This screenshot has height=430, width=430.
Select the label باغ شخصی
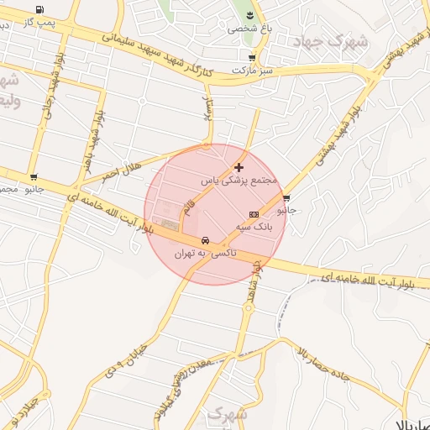(x=244, y=29)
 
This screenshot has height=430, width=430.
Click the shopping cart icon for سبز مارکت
(x=253, y=58)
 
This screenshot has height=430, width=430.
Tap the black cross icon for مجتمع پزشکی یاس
(x=239, y=167)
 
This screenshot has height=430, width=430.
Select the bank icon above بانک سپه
(x=254, y=215)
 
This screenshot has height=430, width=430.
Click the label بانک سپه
(x=254, y=227)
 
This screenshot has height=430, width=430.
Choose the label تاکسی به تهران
(x=206, y=253)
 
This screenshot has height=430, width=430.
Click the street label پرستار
(x=207, y=109)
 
